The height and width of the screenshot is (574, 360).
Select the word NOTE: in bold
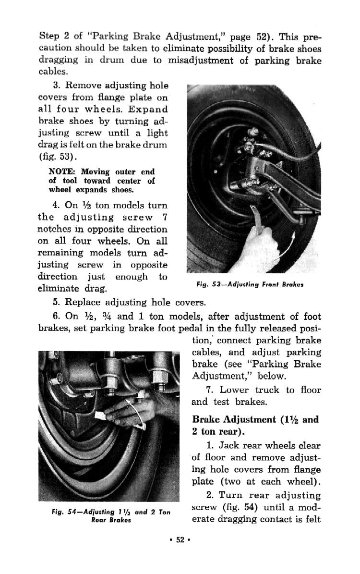point(63,171)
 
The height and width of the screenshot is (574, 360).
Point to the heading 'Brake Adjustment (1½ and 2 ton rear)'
point(255,425)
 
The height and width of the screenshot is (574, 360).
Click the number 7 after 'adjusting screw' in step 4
point(164,217)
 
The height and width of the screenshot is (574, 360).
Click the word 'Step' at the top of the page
point(48,37)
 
